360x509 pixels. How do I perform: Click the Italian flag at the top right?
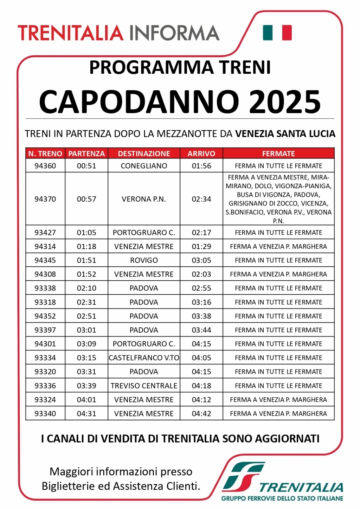(277, 33)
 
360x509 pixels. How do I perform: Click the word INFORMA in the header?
(174, 33)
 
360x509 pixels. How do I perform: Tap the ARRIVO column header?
(201, 154)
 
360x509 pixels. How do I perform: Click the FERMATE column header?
(278, 154)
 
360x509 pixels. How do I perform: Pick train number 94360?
(45, 166)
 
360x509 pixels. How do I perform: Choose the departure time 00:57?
(86, 199)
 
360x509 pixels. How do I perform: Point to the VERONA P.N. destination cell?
(144, 199)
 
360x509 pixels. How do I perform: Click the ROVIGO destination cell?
(144, 260)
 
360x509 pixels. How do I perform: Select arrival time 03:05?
(201, 260)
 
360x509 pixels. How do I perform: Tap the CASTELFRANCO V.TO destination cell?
(144, 358)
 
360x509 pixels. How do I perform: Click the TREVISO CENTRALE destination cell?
(144, 386)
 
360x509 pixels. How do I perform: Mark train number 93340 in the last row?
(45, 413)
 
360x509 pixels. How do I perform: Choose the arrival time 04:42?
(201, 413)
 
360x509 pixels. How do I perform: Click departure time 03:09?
(86, 344)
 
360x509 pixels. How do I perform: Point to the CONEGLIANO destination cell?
(144, 166)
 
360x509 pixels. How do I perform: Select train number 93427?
(45, 233)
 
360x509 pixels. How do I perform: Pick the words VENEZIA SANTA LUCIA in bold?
(285, 134)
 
